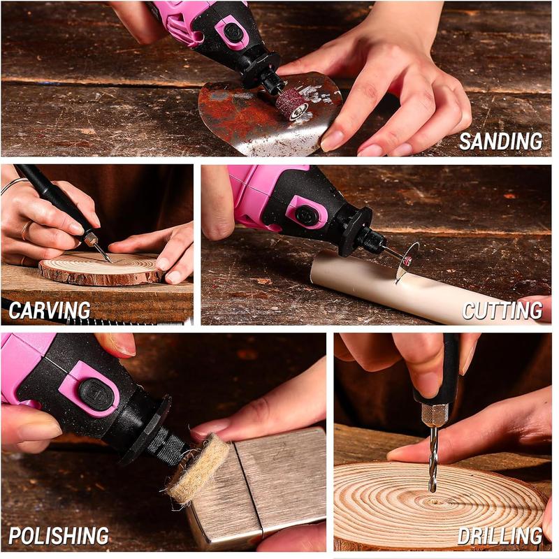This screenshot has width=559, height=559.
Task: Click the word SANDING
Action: pyautogui.click(x=500, y=142)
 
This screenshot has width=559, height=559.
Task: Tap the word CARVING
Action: pyautogui.click(x=50, y=310)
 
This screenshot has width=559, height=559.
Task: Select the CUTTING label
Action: pyautogui.click(x=502, y=310)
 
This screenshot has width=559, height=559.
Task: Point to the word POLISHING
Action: pyautogui.click(x=59, y=535)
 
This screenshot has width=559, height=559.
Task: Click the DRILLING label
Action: pyautogui.click(x=500, y=536)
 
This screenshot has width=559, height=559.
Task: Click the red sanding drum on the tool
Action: pyautogui.click(x=291, y=104)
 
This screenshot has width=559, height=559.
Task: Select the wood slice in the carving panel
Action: pyautogui.click(x=101, y=268)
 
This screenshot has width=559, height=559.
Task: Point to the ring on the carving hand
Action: pyautogui.click(x=26, y=231)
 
